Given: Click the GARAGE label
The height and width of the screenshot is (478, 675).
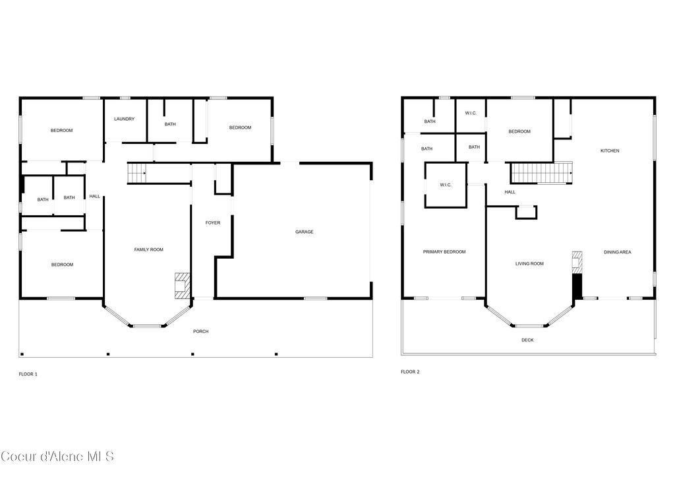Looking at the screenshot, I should point(304,232).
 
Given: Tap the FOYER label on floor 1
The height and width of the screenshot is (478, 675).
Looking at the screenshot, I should point(212,223).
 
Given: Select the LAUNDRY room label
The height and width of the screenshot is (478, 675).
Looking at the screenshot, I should point(124,119).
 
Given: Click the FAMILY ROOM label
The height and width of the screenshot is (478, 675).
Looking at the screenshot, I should point(148,250).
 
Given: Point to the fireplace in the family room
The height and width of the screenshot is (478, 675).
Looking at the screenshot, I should point(181,285).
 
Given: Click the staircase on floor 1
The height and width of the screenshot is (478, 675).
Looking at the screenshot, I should point(136,174).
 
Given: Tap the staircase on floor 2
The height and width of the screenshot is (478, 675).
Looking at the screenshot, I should point(541,173).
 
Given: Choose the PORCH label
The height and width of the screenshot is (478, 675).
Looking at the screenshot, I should point(200,331).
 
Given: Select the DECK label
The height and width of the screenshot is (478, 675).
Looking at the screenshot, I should point(527,340).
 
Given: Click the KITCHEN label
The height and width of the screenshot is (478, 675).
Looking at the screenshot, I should point(609,151).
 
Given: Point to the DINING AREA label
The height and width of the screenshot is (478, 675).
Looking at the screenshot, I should point(617,252).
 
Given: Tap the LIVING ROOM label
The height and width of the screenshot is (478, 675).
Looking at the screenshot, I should point(529,264).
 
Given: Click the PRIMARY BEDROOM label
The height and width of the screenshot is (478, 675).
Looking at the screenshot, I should point(444,252).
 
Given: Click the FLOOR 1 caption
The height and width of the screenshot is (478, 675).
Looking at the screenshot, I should point(28,374).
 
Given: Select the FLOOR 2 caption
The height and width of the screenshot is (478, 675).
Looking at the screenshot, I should point(410,372).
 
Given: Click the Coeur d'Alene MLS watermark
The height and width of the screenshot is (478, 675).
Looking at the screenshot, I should point(57,456).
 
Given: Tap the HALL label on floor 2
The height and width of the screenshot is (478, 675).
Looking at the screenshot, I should point(510,192).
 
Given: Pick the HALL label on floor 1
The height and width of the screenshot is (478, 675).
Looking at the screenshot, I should point(95,196).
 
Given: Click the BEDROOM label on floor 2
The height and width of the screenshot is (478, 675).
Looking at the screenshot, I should point(519,132).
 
